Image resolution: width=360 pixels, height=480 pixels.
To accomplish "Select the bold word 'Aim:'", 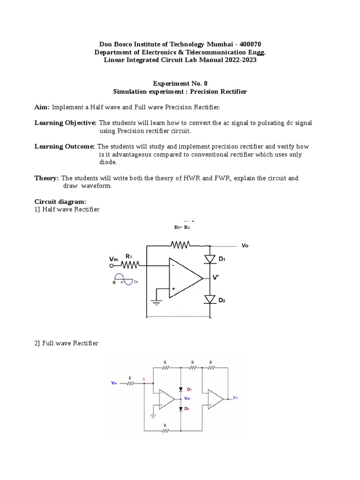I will [42, 107].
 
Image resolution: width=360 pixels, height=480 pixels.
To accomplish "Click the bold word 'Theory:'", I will [46, 178].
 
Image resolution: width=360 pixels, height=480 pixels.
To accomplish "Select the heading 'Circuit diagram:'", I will [60, 201].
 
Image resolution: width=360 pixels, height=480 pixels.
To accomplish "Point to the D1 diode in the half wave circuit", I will [210, 259].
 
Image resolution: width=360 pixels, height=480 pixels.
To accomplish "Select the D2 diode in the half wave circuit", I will [210, 299].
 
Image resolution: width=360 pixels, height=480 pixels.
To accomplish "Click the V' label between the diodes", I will [216, 277].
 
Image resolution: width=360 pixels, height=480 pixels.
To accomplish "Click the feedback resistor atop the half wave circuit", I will [180, 245].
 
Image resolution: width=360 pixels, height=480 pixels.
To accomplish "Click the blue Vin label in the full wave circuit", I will [114, 383].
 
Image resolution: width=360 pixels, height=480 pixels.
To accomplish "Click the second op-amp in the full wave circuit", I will [216, 398].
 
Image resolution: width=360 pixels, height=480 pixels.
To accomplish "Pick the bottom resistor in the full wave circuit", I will [165, 430].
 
